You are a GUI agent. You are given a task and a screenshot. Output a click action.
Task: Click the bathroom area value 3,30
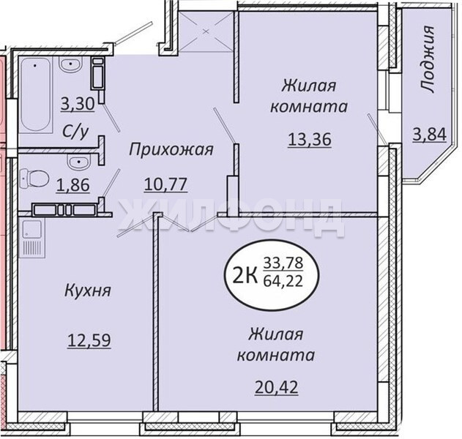[78, 104]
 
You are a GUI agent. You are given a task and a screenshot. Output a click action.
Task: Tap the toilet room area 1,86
[72, 186]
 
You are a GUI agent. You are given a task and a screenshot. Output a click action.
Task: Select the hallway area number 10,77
[166, 184]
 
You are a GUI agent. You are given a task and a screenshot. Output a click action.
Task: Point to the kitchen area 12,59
[89, 340]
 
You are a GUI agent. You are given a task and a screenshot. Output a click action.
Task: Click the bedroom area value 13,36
[310, 139]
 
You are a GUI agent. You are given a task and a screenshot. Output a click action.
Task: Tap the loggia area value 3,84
[430, 135]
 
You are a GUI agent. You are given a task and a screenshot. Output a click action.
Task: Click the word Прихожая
[171, 150]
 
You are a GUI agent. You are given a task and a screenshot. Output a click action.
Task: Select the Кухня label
[88, 291]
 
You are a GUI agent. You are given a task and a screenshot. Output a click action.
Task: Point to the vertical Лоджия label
[427, 59]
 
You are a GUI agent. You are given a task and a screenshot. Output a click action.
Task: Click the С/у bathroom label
[75, 132]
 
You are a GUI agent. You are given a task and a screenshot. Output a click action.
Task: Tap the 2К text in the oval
[244, 277]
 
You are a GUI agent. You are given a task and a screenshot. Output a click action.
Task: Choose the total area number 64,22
[283, 282]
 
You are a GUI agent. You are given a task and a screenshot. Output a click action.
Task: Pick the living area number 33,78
[283, 263]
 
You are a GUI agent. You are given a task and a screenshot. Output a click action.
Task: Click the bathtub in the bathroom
[36, 94]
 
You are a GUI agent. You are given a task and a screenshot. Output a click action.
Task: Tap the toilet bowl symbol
[34, 178]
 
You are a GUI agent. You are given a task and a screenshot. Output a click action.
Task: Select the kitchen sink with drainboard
[32, 238]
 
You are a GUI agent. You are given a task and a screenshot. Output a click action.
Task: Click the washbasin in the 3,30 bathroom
[70, 64]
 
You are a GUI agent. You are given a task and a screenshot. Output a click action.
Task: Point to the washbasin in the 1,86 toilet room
[78, 162]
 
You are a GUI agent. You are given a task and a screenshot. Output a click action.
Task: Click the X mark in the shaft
[206, 31]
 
